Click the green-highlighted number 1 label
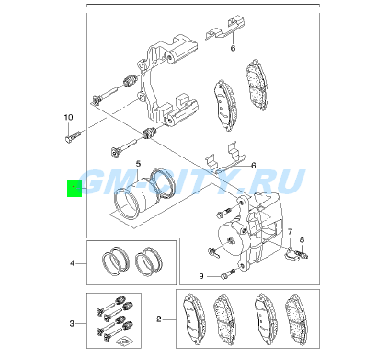(x=74, y=189)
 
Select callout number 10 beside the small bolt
(x=68, y=117)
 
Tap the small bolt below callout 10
(x=74, y=135)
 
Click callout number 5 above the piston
(x=138, y=163)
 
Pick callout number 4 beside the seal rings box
(x=72, y=263)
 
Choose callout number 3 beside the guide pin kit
(x=72, y=323)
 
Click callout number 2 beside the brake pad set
(x=159, y=319)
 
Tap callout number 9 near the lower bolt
(x=201, y=276)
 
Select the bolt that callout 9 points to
(x=227, y=274)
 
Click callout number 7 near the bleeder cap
(x=290, y=232)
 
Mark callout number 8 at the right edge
(x=302, y=239)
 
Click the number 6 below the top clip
(x=233, y=48)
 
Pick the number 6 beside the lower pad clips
(x=254, y=166)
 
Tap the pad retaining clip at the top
(x=225, y=28)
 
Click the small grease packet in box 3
(x=123, y=341)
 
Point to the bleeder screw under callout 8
(x=302, y=254)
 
